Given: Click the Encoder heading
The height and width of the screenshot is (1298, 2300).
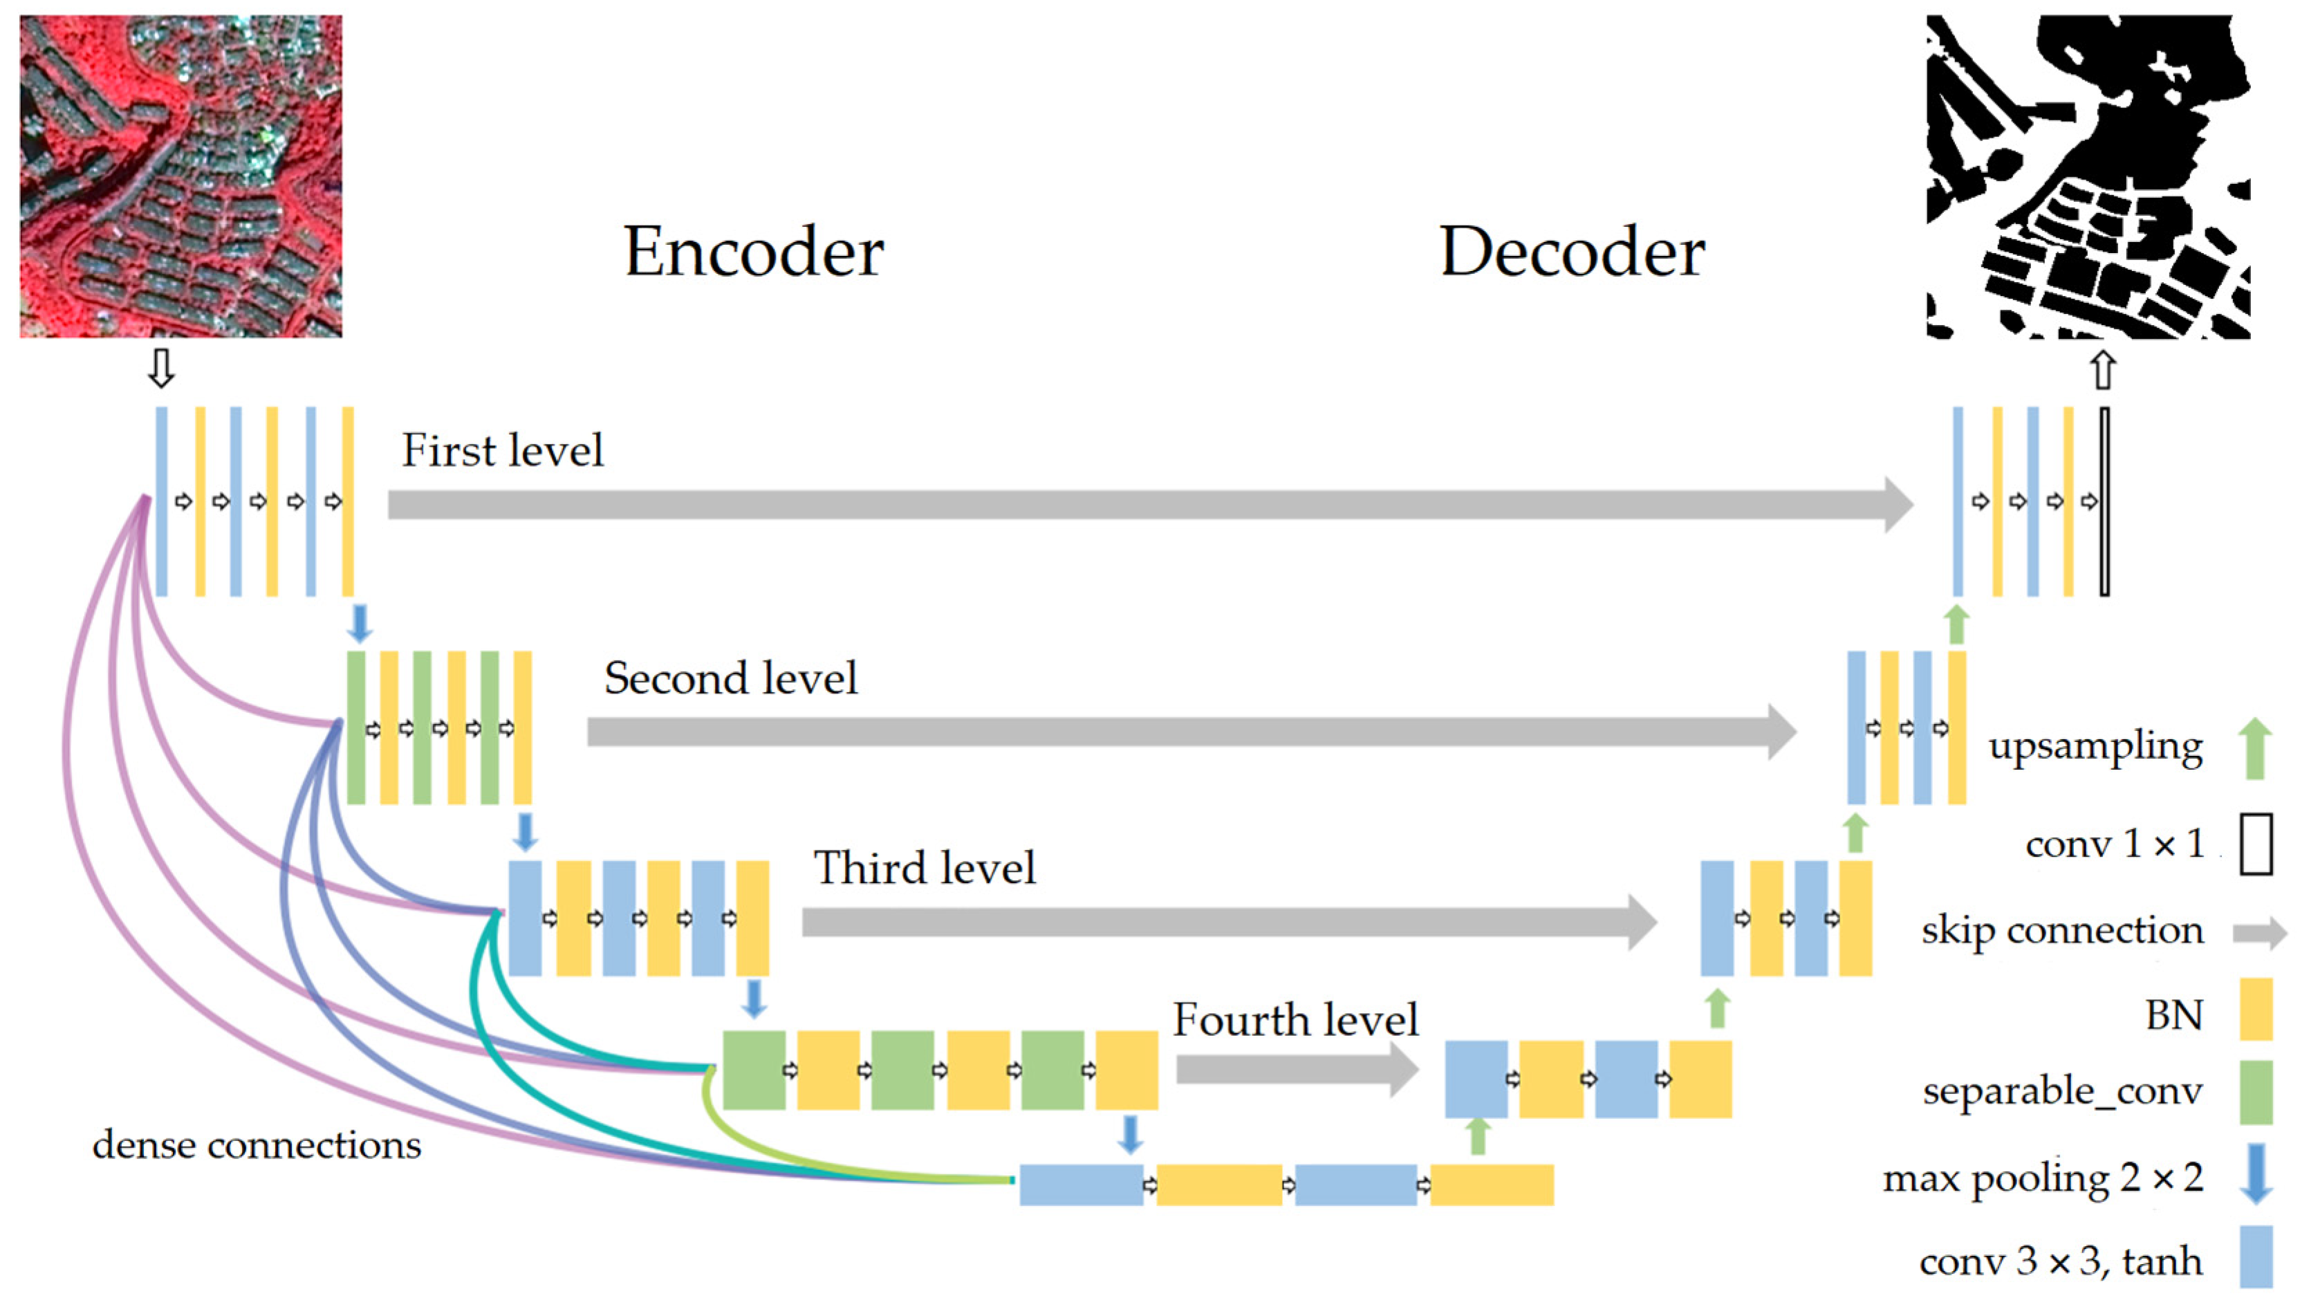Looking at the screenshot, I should tap(754, 252).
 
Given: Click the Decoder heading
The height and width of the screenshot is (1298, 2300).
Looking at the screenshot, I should tap(1573, 252).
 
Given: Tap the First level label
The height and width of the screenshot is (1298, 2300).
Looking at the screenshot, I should tap(503, 450).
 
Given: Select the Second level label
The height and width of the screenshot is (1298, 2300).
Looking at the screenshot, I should tap(730, 678).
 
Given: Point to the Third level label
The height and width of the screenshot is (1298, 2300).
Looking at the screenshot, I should tap(924, 868).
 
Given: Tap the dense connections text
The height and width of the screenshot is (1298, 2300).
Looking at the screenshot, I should tap(257, 1145).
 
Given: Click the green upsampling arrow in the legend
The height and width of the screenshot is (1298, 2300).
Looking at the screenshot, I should tap(2255, 748).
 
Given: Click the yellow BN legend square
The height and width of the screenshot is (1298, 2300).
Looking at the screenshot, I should tap(2255, 1010).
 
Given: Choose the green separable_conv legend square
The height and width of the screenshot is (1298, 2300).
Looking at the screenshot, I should tap(2255, 1092).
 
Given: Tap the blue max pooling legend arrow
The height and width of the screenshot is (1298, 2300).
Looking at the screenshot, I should tap(2256, 1173).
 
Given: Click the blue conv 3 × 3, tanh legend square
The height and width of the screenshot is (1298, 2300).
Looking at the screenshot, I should tap(2255, 1257).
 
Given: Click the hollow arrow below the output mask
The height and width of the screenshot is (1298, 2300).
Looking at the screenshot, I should tap(2104, 369).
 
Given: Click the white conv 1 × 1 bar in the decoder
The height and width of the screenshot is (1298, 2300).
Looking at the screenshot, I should tap(2104, 501).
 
